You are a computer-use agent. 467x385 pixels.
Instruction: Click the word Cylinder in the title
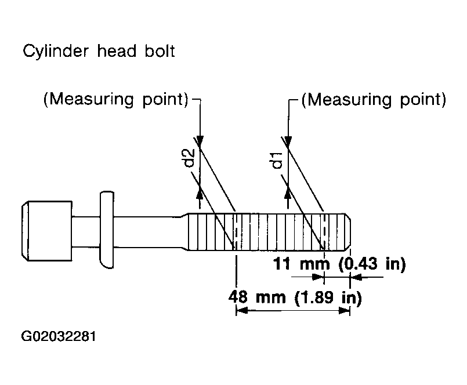click(x=56, y=52)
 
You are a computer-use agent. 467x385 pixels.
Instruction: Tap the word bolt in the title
click(x=160, y=50)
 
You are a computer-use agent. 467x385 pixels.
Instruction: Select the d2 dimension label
click(x=189, y=158)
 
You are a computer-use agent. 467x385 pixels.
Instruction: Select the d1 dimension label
click(x=277, y=160)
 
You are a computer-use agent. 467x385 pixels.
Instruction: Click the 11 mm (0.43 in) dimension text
click(x=339, y=264)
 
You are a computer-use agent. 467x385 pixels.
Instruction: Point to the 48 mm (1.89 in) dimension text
click(x=295, y=297)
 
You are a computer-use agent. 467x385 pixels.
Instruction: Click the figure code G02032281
click(x=59, y=336)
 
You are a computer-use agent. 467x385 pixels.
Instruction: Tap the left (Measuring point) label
click(x=116, y=100)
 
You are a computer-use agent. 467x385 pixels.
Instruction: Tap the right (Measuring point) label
click(x=374, y=100)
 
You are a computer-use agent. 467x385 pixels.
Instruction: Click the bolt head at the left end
click(x=47, y=231)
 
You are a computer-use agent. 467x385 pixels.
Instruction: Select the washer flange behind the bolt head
click(x=107, y=230)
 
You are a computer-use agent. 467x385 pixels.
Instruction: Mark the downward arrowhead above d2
click(x=200, y=140)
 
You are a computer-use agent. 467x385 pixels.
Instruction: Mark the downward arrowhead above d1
click(x=288, y=140)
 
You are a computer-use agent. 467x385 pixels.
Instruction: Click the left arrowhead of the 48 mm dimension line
click(x=242, y=311)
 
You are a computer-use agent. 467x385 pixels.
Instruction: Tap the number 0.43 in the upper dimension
click(x=361, y=264)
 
